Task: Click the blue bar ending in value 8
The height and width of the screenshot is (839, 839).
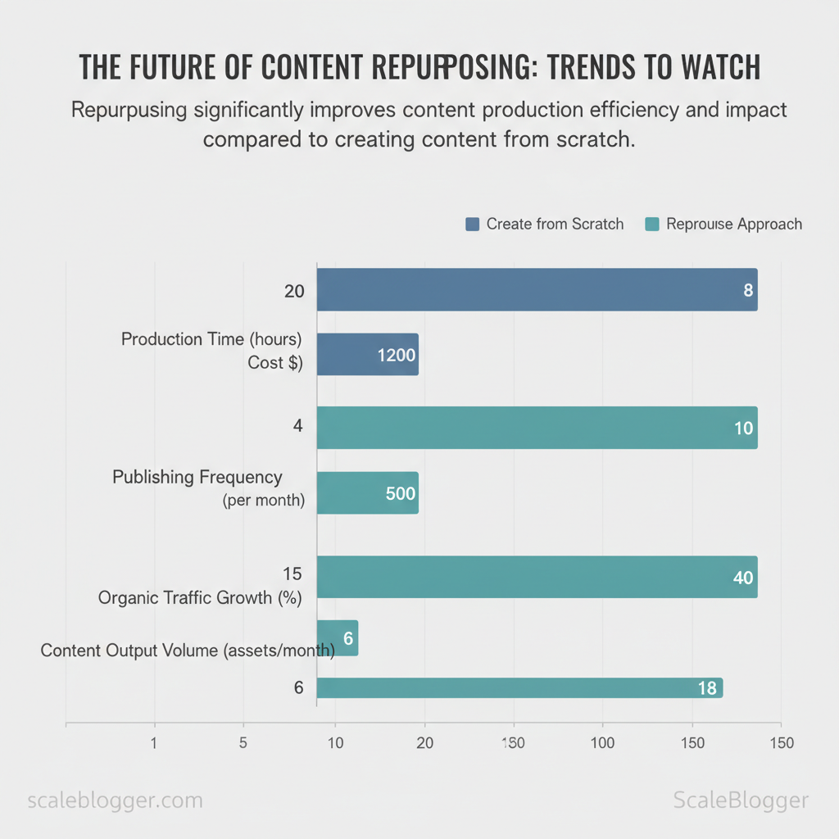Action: click(537, 290)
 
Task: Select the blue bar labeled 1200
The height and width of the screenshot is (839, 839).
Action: click(367, 355)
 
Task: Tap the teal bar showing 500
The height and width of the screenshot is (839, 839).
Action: click(367, 493)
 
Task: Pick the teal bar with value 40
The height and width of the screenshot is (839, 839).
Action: click(537, 577)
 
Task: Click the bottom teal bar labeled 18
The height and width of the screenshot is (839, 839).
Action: click(519, 688)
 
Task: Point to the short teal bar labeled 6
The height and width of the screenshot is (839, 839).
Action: click(338, 638)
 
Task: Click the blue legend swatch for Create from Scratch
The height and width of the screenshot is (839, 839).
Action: click(472, 224)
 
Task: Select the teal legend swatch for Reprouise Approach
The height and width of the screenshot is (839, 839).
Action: click(652, 224)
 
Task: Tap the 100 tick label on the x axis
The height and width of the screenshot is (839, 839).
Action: click(603, 743)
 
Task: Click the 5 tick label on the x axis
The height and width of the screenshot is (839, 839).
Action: click(243, 743)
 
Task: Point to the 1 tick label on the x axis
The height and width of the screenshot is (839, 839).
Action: click(154, 743)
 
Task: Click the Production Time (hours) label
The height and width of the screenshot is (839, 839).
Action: click(211, 339)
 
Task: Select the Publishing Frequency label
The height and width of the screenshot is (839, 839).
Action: click(197, 478)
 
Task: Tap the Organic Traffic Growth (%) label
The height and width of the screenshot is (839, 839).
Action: click(200, 598)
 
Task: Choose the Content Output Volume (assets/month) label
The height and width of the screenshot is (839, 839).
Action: click(188, 651)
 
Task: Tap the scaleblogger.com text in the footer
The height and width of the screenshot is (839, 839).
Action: click(116, 800)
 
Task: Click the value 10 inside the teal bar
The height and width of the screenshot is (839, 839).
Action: click(743, 429)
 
